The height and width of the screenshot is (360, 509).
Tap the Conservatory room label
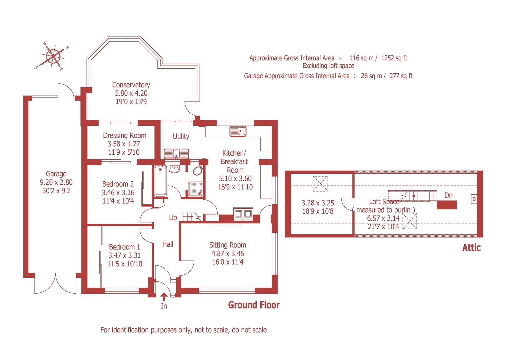tap(131, 85)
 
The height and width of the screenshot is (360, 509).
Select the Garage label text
tap(56, 174)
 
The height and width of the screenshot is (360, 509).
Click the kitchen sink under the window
tap(238, 131)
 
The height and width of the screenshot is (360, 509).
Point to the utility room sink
tap(176, 154)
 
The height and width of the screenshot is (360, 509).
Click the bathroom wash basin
tap(174, 169)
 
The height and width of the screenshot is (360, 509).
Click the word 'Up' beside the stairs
tap(173, 218)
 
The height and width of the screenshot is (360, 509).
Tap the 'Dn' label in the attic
tap(448, 195)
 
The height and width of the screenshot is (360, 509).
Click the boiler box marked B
tap(474, 199)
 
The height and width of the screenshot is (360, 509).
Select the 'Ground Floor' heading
tap(254, 305)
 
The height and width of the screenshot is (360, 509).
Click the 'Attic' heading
tap(471, 248)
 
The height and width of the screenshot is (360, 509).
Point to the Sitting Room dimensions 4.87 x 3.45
tap(228, 254)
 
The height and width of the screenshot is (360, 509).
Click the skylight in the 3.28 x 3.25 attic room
tap(320, 184)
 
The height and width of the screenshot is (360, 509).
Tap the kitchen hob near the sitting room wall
tap(243, 213)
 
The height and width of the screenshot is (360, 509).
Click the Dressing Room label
tap(124, 135)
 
